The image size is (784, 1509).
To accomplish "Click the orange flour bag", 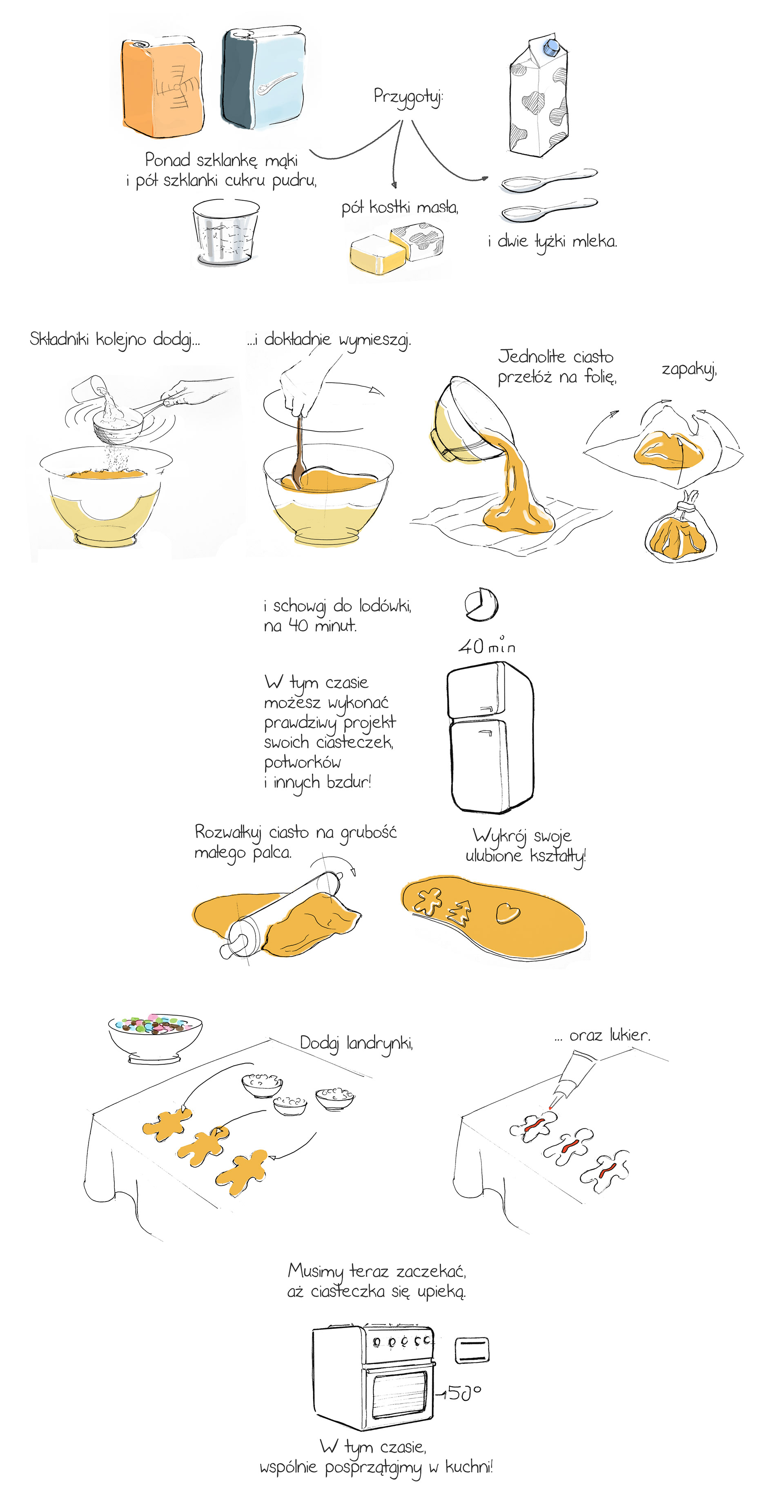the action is pos(162,86).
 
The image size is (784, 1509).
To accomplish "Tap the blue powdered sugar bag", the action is pos(263,78).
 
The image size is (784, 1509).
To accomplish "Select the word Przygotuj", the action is pos(408,97).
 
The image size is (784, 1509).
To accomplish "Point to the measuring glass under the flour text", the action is pos(225,232).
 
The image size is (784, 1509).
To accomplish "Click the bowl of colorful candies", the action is pos(155,1037).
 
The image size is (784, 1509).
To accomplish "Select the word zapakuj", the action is pos(689,370).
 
